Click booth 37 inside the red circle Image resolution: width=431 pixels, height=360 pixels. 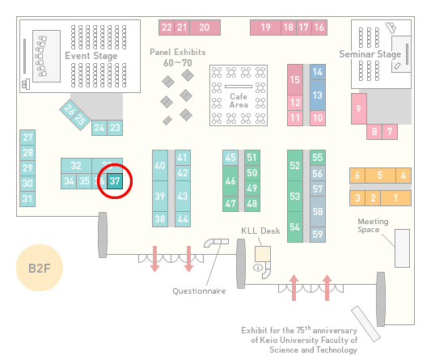115,181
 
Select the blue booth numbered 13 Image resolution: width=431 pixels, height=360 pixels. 318,95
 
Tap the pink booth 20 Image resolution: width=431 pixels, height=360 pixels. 205,28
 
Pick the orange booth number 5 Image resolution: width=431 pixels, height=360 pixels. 380,176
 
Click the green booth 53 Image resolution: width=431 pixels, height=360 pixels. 295,196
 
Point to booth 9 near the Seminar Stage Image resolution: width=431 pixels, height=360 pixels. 359,108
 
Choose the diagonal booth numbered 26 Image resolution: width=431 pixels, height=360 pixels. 70,109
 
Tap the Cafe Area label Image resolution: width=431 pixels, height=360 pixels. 239,100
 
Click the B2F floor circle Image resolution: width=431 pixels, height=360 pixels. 40,268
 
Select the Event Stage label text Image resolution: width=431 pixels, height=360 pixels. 91,56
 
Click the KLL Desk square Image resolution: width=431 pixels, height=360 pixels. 263,254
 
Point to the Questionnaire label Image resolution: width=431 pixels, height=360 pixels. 199,291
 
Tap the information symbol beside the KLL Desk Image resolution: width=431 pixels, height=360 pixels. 258,267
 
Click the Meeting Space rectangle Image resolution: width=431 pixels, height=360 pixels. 402,248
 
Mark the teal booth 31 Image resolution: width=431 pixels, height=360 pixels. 27,199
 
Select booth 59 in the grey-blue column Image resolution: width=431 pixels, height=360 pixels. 318,235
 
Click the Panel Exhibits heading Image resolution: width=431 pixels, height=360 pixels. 178,52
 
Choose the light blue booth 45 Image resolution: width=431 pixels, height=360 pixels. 230,158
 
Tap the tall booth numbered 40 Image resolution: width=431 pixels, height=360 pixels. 160,166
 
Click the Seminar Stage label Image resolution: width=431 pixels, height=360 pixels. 370,54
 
